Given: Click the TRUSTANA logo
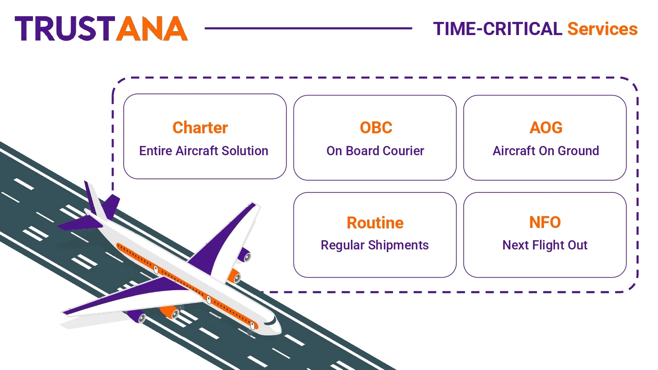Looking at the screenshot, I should (101, 28).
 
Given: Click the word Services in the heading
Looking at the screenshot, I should (602, 29).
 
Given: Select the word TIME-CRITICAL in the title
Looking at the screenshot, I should (497, 29).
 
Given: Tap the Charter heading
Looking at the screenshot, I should (200, 128).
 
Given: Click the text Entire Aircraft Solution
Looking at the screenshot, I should (204, 151).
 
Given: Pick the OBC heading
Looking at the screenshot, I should (376, 128).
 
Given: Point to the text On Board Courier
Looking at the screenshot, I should (375, 151).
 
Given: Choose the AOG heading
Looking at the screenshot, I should (546, 128).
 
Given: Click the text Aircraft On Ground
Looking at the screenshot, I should (546, 151).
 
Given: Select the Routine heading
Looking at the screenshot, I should (375, 223).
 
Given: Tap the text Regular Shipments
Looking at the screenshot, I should (375, 245).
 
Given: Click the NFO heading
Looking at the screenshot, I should (545, 222).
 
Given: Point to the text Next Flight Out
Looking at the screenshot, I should (545, 245).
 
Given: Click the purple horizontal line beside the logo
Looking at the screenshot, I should (308, 28).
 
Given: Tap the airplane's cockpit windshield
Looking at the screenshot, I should (272, 321).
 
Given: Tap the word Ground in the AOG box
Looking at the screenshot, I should (578, 151).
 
